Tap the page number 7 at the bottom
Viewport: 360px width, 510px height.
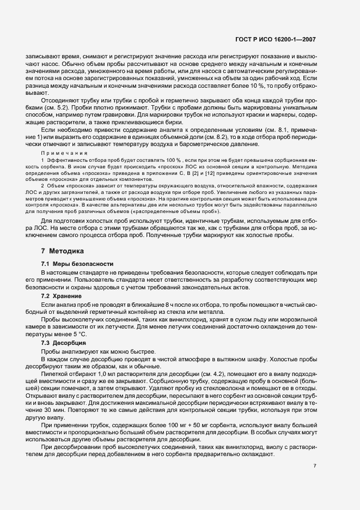(x=315, y=466)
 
